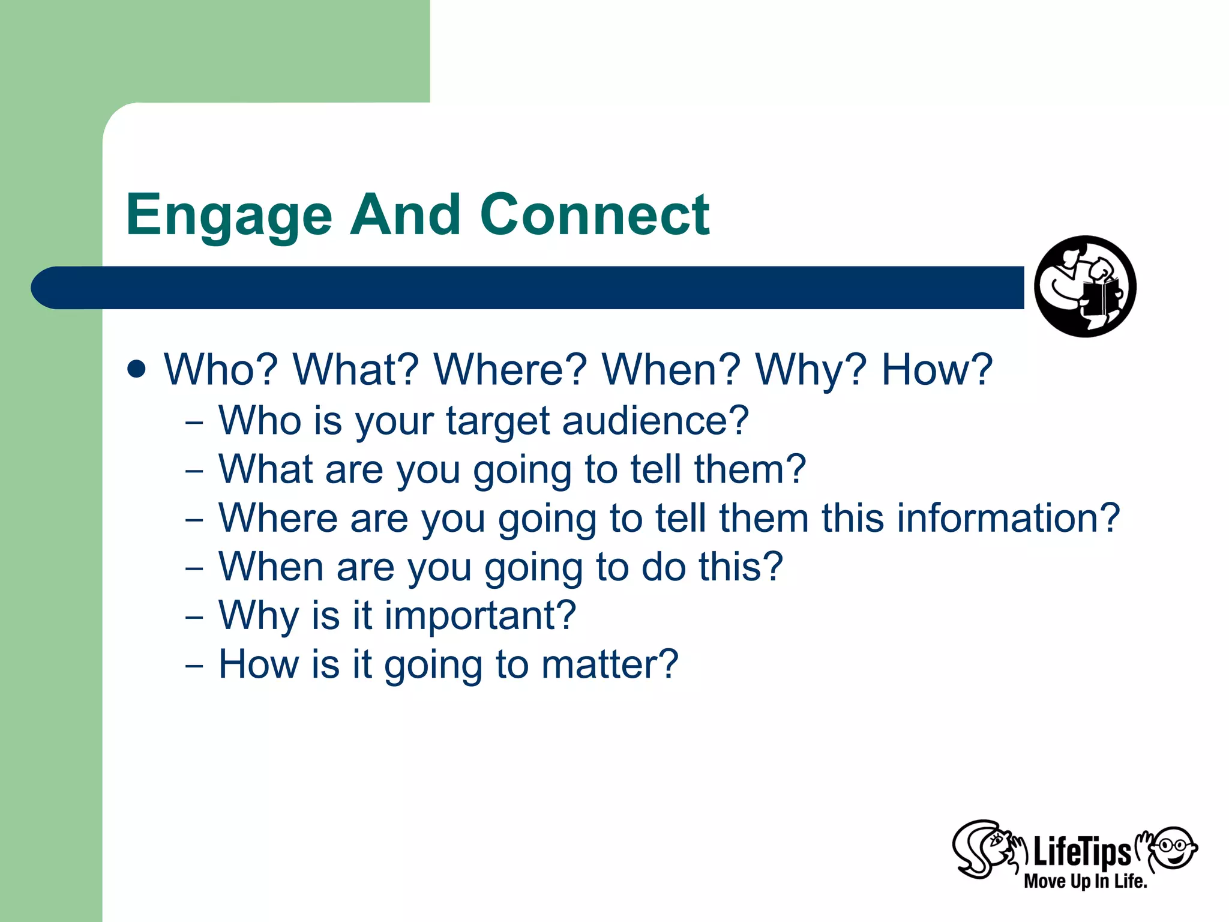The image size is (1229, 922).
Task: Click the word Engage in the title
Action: point(229,216)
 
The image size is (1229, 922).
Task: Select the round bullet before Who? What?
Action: point(137,369)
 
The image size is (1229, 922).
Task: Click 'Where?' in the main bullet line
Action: point(510,369)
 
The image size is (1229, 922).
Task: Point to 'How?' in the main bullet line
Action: point(937,369)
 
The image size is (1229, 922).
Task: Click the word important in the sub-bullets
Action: point(480,616)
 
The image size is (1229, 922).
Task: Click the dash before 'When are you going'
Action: point(194,567)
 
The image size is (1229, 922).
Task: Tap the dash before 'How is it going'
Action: point(194,665)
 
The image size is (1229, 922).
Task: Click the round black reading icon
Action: point(1084,286)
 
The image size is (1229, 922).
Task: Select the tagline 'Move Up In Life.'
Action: point(1085,881)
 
